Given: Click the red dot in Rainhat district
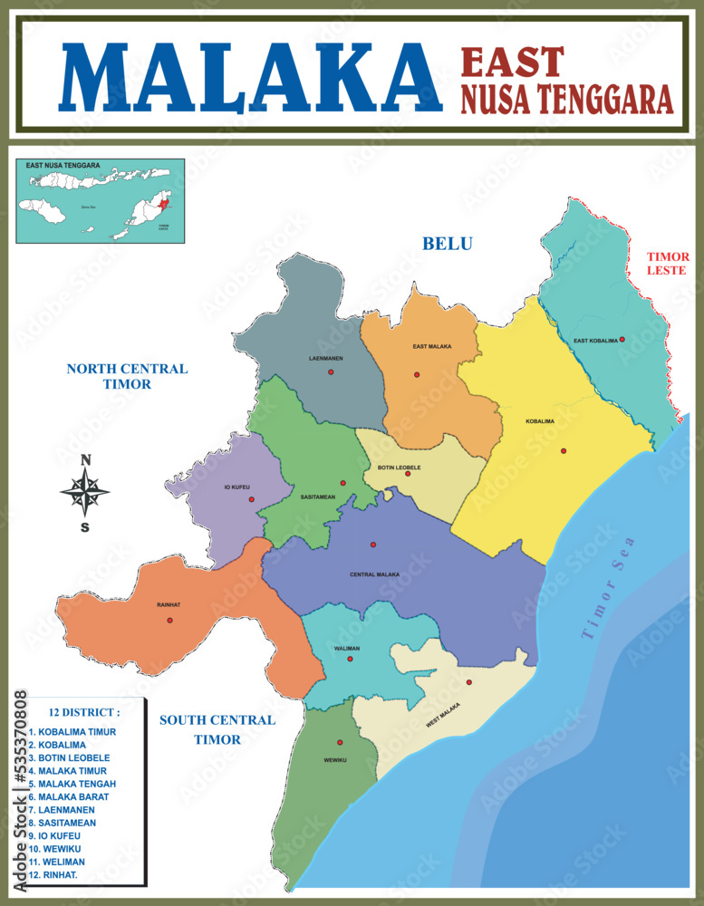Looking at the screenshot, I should point(169,621).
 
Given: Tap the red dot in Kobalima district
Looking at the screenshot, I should point(564,450).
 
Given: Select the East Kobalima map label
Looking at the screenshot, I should point(595,341).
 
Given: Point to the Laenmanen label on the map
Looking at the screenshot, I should point(325,359).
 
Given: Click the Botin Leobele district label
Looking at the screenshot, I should point(399,467).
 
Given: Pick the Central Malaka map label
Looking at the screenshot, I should point(374,574).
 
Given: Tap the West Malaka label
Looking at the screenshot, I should point(443,716).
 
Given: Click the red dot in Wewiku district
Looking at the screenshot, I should point(340,743).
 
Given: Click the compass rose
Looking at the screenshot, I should point(85,493).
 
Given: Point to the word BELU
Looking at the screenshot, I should point(448,243).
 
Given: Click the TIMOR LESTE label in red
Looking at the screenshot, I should point(668,264).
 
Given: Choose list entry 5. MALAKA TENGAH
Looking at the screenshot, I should point(72,784).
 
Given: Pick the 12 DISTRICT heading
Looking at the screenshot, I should point(86,712).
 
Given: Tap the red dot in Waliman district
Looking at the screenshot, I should point(350,659).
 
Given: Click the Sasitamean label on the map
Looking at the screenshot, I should point(317,497).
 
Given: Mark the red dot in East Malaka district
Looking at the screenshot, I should point(417,374).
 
